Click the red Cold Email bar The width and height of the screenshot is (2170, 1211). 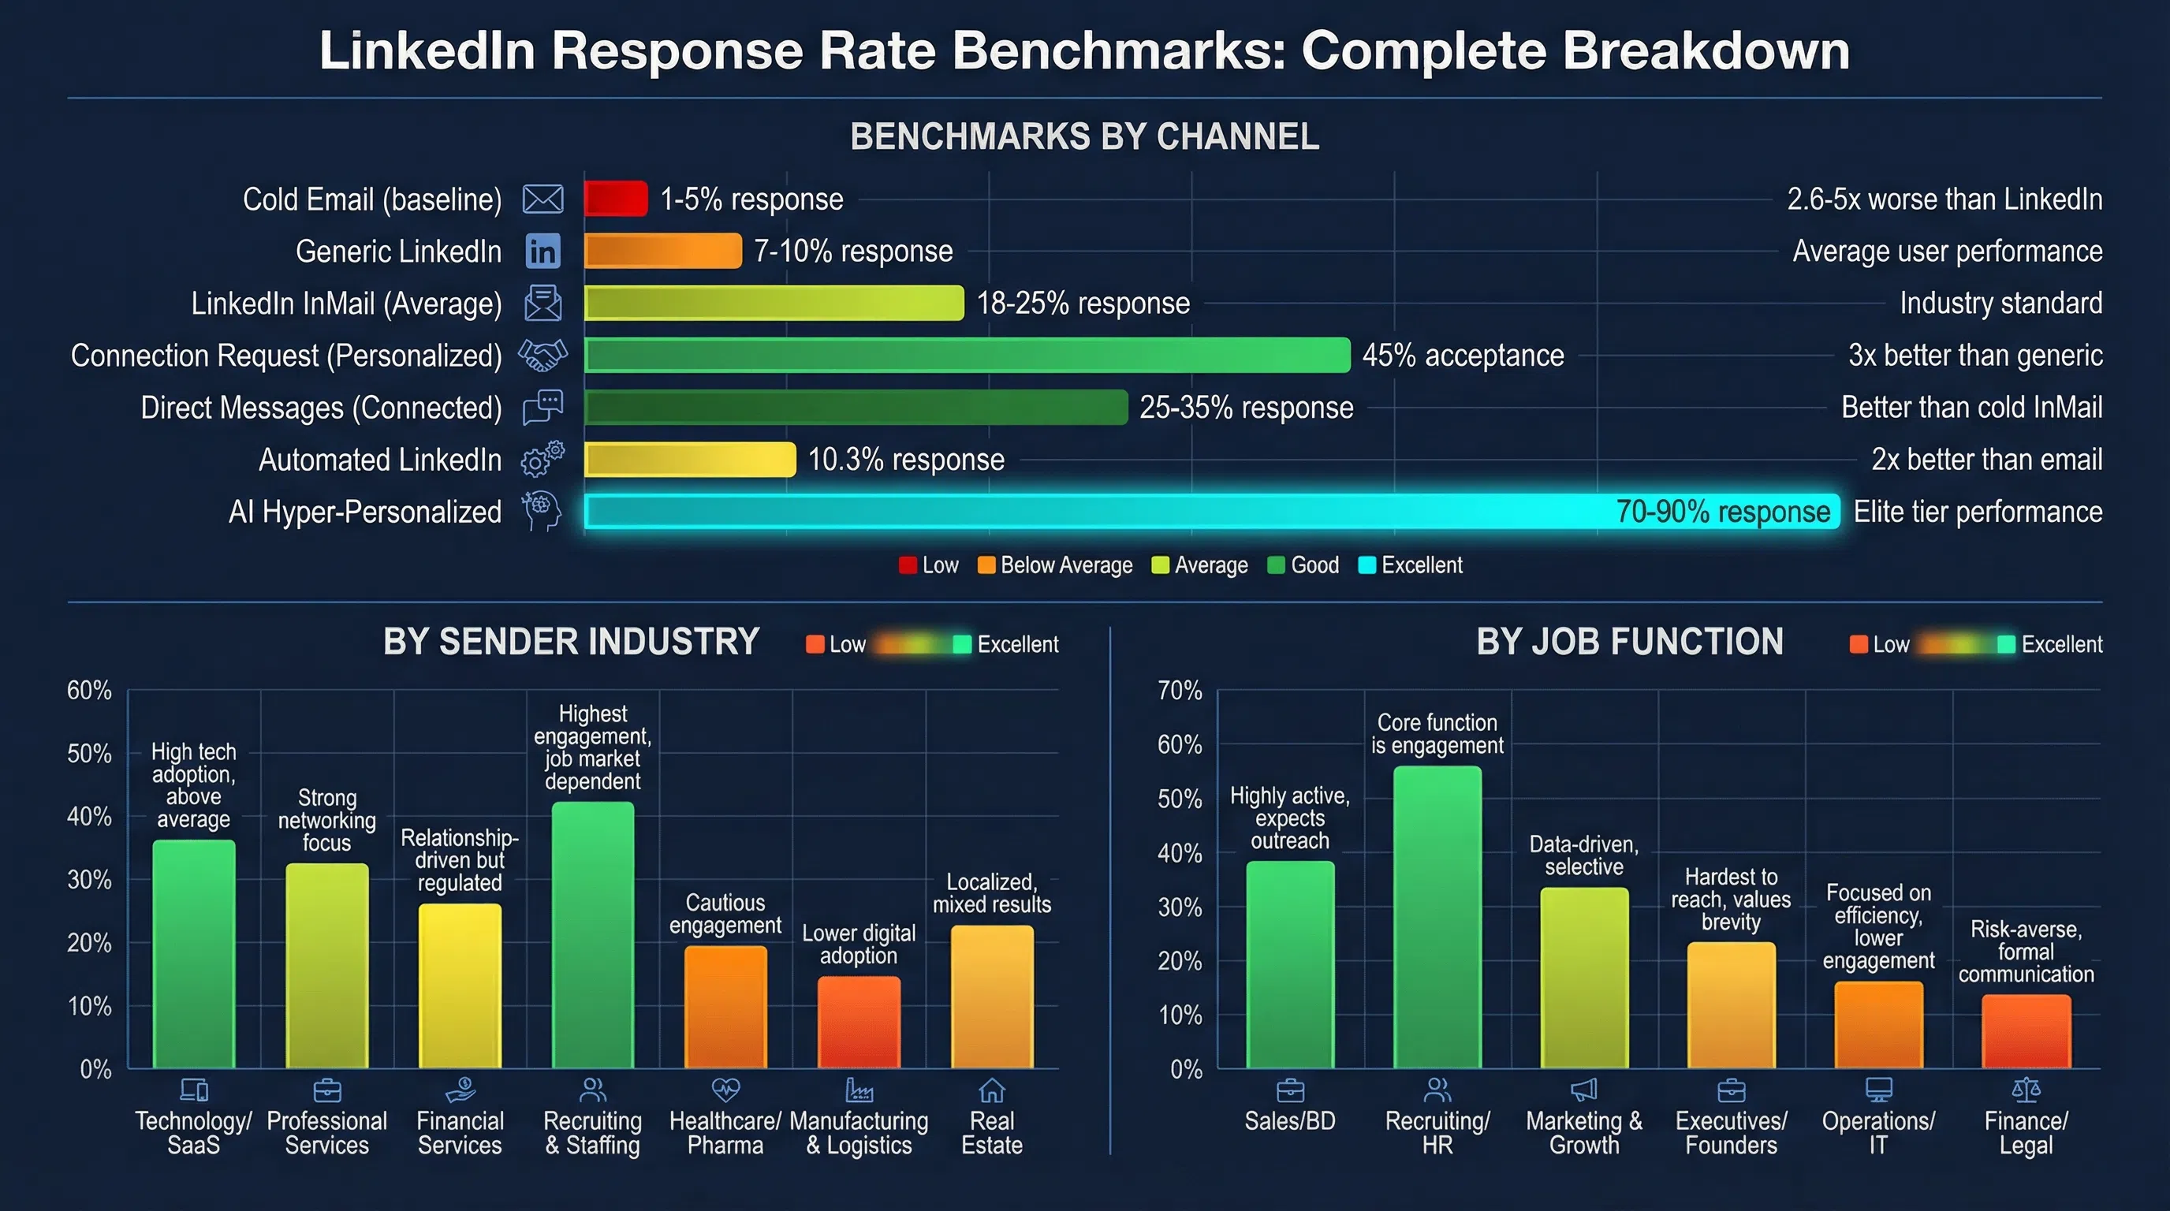click(616, 199)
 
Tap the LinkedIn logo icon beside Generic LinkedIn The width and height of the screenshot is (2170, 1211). click(542, 251)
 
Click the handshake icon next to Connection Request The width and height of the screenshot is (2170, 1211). click(542, 356)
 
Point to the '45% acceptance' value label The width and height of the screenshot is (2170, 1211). click(1463, 356)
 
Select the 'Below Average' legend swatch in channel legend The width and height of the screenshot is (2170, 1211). click(986, 565)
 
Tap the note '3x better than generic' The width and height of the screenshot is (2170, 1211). click(1974, 356)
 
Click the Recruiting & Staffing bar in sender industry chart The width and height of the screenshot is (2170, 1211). click(592, 935)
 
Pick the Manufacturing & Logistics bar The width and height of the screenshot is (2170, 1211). click(859, 1023)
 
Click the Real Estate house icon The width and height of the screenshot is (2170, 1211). click(991, 1090)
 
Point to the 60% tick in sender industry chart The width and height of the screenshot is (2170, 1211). click(89, 691)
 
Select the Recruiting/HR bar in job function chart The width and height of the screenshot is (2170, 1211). click(1437, 918)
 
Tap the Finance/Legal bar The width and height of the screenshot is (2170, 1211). click(2026, 1031)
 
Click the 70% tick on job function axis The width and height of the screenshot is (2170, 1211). click(1180, 691)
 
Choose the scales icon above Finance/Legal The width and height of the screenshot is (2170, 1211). click(2026, 1090)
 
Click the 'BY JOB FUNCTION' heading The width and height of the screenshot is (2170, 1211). click(1629, 642)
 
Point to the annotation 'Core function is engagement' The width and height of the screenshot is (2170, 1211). click(1437, 733)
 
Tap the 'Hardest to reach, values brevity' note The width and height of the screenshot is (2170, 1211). click(1731, 900)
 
